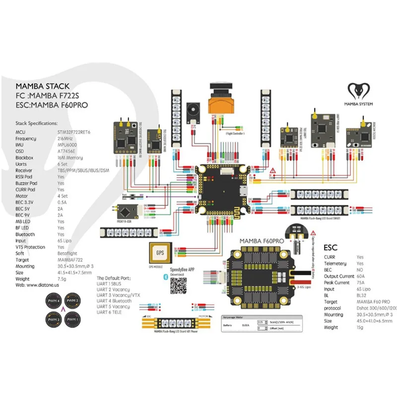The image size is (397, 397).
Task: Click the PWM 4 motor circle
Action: [52, 301]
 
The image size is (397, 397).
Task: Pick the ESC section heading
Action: [331, 247]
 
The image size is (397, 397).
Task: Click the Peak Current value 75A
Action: [359, 282]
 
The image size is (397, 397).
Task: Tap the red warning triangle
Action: [273, 171]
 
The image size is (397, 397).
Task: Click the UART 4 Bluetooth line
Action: [115, 301]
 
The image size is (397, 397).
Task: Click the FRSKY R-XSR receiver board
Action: [126, 211]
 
